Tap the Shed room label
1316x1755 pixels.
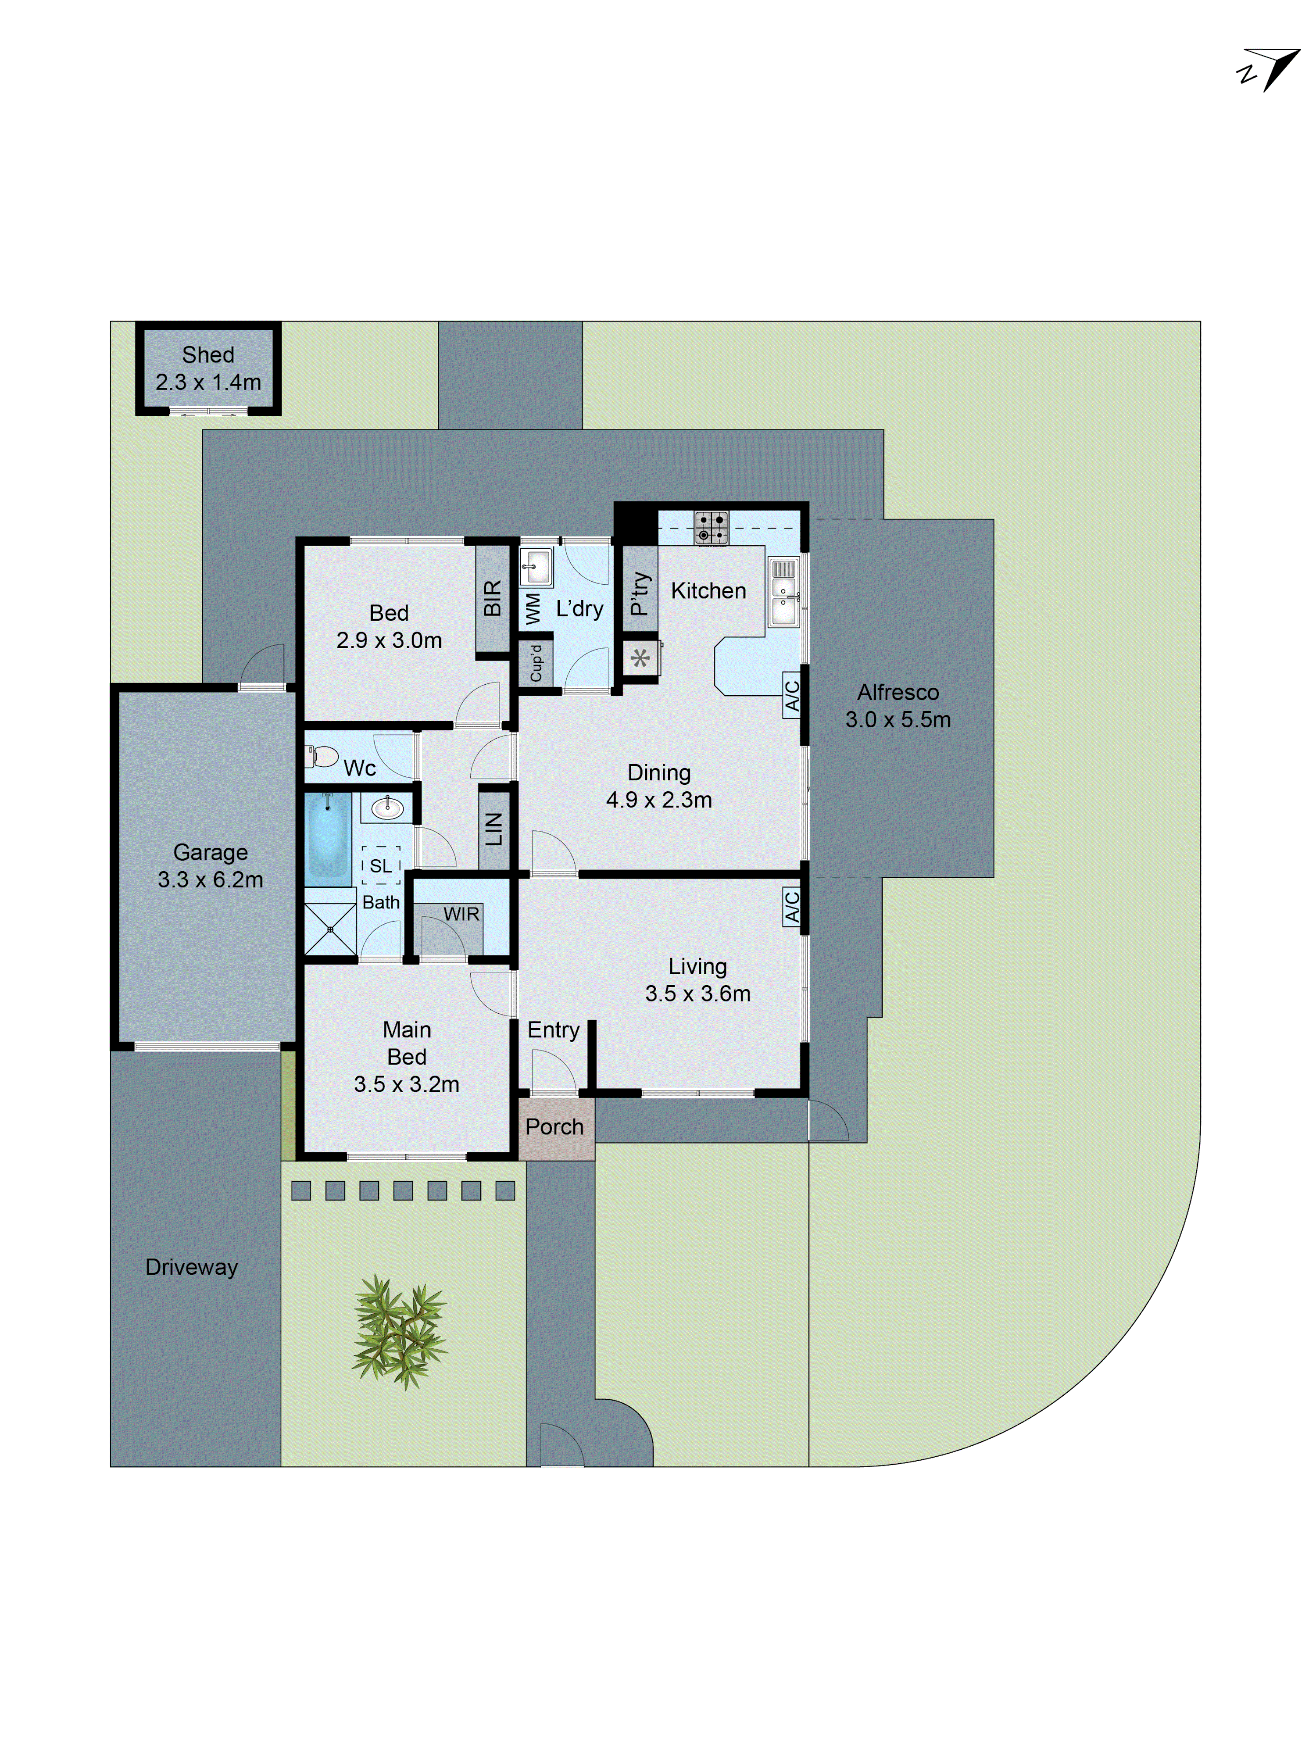[x=208, y=355]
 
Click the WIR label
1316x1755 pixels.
[x=461, y=914]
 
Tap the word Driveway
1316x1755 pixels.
[x=191, y=1267]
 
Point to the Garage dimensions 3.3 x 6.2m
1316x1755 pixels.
[x=210, y=879]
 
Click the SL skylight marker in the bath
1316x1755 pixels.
[x=381, y=865]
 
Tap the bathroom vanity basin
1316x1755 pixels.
[x=387, y=808]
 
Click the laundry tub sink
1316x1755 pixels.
[x=536, y=566]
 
